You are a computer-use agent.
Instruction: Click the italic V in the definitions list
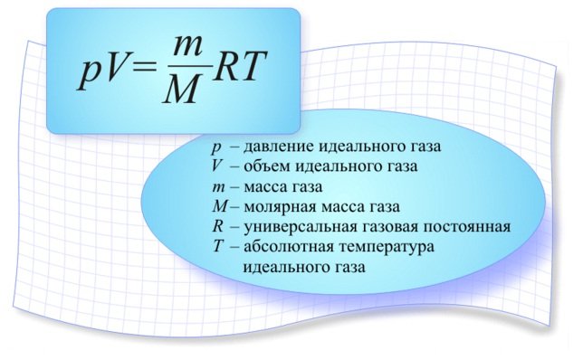point(216,166)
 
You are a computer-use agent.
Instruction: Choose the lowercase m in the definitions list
point(217,187)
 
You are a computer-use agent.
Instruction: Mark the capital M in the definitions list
point(218,206)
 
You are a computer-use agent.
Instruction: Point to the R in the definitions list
point(217,226)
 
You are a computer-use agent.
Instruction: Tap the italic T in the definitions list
point(217,246)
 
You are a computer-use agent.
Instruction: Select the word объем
point(268,167)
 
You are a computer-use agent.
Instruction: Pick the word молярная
point(282,207)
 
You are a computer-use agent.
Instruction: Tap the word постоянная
point(468,226)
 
